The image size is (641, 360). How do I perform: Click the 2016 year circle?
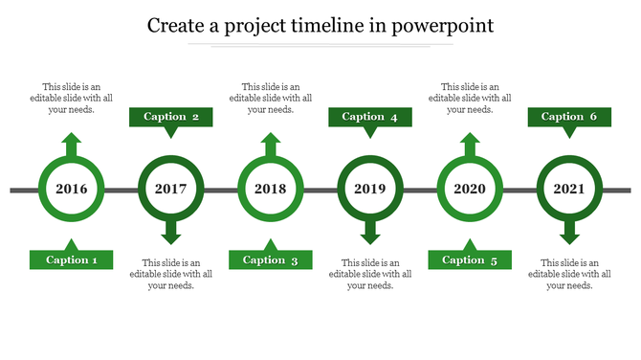(x=72, y=189)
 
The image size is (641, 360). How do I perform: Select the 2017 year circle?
(x=171, y=189)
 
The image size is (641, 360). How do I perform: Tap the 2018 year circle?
(x=271, y=189)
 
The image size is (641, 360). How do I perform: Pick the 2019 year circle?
(x=370, y=189)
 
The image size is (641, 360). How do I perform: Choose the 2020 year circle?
(x=470, y=189)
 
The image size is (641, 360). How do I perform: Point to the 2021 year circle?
(x=569, y=189)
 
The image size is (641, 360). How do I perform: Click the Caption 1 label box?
(x=72, y=259)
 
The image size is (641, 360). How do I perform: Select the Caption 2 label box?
(x=171, y=117)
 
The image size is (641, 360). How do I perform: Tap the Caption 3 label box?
(x=271, y=259)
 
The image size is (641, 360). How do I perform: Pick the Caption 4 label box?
(x=370, y=117)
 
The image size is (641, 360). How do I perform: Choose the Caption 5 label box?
(x=470, y=259)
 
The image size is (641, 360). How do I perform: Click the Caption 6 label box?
(x=569, y=117)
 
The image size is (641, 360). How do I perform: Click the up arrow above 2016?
(x=72, y=145)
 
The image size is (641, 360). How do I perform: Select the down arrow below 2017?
(x=171, y=233)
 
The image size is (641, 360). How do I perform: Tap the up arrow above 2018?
(x=271, y=145)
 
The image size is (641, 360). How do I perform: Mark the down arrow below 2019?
(x=370, y=233)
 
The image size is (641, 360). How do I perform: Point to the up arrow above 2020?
(x=470, y=145)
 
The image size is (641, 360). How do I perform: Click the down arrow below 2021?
(x=569, y=233)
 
